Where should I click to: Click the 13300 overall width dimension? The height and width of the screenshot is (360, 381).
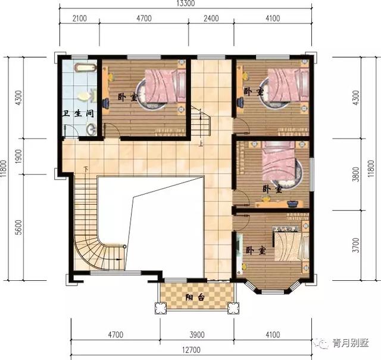click(186, 4)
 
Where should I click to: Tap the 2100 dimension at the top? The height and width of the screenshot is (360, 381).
click(80, 18)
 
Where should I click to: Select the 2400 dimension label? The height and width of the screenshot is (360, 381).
click(211, 18)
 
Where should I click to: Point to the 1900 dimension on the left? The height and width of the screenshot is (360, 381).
click(19, 156)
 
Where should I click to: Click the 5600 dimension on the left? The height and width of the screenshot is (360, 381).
click(19, 227)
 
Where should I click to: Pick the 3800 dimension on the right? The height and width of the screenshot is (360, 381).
click(356, 174)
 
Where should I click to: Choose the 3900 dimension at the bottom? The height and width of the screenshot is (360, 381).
click(197, 335)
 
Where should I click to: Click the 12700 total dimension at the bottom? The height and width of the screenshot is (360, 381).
click(192, 350)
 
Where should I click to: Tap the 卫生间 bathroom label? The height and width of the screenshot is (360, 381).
click(78, 114)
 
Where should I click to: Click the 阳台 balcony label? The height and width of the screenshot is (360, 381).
click(195, 298)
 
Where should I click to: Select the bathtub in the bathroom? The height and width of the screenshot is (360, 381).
click(85, 67)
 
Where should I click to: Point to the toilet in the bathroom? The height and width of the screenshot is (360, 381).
click(87, 96)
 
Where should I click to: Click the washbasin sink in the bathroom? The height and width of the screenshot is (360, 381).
click(91, 129)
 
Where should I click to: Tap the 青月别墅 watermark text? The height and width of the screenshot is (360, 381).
click(351, 343)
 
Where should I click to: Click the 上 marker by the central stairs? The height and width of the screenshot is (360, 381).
click(201, 144)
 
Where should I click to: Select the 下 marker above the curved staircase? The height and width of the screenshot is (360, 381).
click(86, 168)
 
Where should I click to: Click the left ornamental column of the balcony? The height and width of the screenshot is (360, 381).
click(161, 308)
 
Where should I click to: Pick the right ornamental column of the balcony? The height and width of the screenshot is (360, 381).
click(233, 308)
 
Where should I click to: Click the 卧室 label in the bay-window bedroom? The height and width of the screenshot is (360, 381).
click(256, 251)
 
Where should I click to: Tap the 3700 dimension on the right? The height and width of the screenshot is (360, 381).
click(356, 245)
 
